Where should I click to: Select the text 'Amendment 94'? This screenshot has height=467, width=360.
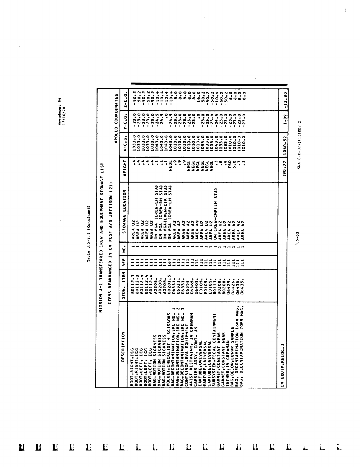(59, 111)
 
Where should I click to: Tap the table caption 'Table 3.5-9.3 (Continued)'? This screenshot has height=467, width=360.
(88, 234)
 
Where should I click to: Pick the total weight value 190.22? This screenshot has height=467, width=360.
(283, 169)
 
